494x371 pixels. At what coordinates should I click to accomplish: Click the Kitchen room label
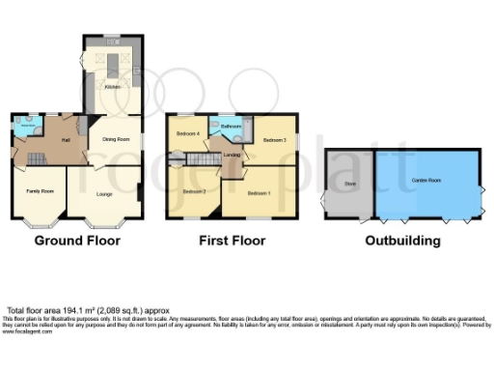click(x=113, y=88)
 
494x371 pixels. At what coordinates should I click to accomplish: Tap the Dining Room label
click(x=116, y=139)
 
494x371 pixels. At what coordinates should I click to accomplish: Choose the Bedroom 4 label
click(x=186, y=133)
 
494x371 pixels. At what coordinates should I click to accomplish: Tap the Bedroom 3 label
click(x=274, y=141)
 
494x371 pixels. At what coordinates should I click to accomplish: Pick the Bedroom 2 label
click(x=194, y=191)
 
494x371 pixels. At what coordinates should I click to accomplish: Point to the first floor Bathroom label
click(x=231, y=127)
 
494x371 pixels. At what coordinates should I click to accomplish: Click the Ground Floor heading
click(x=76, y=238)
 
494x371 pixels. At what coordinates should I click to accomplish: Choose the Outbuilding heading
click(x=401, y=238)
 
